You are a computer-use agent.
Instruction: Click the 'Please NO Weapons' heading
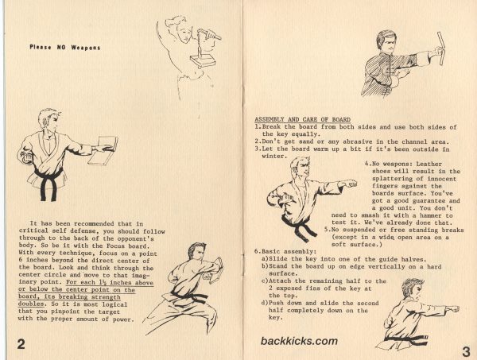click(64, 47)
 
